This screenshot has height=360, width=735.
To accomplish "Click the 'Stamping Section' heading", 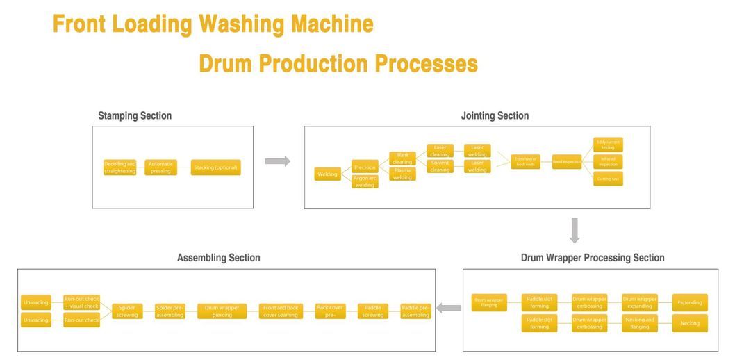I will [x=135, y=116].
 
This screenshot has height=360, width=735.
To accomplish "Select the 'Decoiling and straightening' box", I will [x=120, y=167].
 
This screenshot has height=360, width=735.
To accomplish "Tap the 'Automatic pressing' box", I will [x=160, y=167].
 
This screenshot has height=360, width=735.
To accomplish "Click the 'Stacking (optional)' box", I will [x=215, y=167].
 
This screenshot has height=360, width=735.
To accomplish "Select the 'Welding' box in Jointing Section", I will [x=327, y=174].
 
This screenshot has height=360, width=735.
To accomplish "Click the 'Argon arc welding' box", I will [x=365, y=181].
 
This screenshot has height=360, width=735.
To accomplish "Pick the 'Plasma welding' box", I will [x=402, y=174].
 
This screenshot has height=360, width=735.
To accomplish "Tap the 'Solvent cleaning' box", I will [x=440, y=166].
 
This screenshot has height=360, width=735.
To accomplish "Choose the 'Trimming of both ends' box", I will [x=525, y=162].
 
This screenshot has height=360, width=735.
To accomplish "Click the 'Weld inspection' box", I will [x=567, y=162].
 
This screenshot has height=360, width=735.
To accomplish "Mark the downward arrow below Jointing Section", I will [x=575, y=231].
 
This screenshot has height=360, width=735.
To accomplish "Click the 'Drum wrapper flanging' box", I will [x=490, y=302].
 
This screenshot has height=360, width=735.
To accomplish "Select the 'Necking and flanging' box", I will [x=639, y=323].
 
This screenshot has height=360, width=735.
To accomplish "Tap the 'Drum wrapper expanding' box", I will [x=639, y=302].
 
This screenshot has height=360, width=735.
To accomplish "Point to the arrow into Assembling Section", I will [x=449, y=308].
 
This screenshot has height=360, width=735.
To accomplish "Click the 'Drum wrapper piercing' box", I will [x=222, y=311].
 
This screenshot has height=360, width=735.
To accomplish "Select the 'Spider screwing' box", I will [x=127, y=311].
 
